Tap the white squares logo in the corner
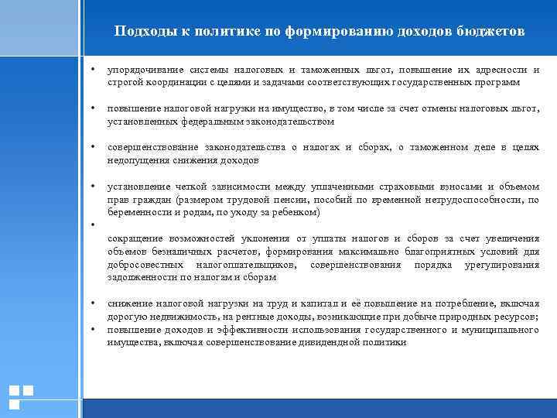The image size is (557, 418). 20,396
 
